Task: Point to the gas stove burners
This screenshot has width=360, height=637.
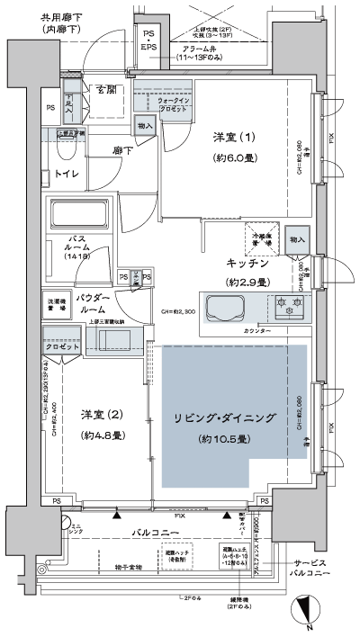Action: pyautogui.click(x=291, y=308)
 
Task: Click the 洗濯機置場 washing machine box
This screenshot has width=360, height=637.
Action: pyautogui.click(x=54, y=304)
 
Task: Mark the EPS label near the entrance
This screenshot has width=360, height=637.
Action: pyautogui.click(x=148, y=47)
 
